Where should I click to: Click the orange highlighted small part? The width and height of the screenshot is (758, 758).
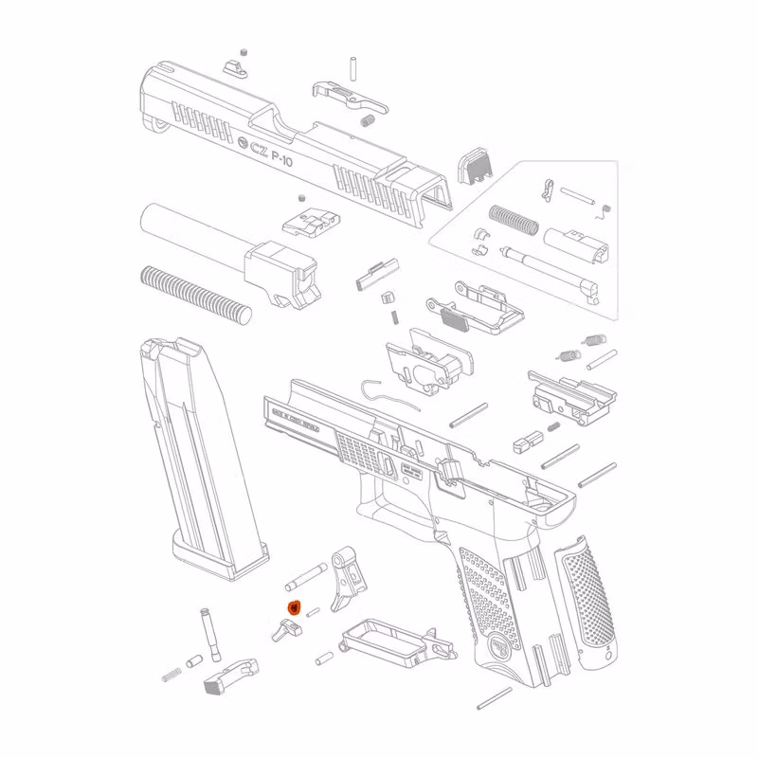coord(294,607)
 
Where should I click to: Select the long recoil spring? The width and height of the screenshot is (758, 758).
coord(194,291)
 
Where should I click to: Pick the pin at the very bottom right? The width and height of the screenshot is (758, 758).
coord(494,698)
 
